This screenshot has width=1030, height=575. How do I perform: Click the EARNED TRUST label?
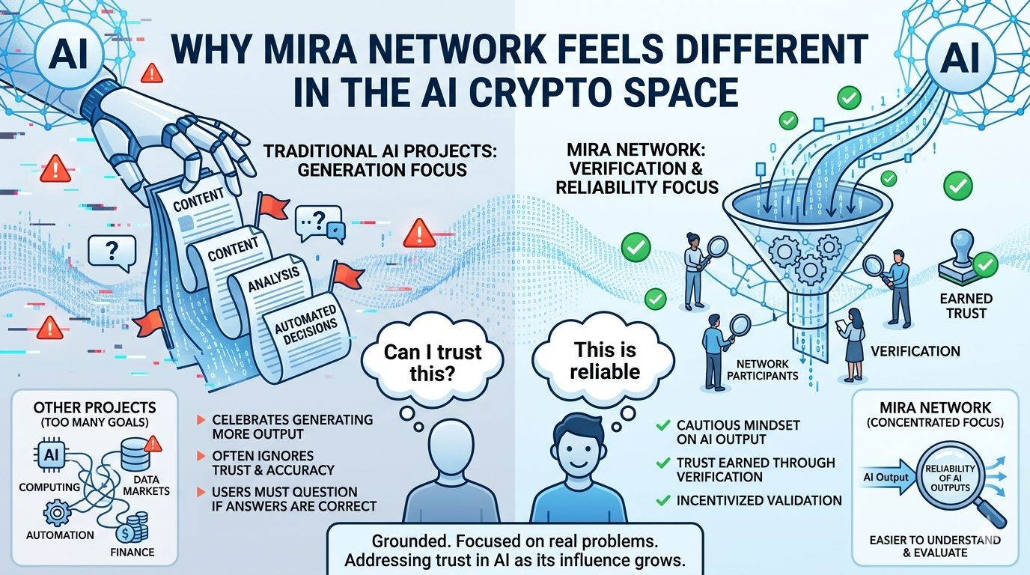click(x=966, y=305)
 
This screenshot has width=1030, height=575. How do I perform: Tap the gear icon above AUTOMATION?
click(x=57, y=514)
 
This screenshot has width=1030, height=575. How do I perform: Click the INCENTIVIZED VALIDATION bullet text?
click(x=760, y=500)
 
